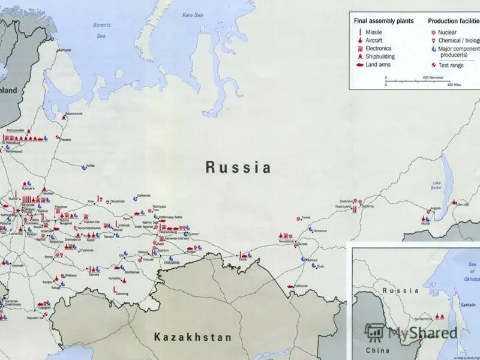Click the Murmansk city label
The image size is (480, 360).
[x=64, y=50]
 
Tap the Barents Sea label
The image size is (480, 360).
[x=102, y=30]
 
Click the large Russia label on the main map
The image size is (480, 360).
[x=238, y=167]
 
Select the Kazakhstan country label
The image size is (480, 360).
[x=193, y=337]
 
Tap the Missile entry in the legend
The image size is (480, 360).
[x=374, y=32]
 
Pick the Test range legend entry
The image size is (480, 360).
[x=451, y=65]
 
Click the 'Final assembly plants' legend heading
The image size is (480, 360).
[x=383, y=21]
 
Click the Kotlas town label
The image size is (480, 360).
[x=91, y=165]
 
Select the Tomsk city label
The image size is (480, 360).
[x=307, y=217]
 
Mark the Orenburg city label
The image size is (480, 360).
[x=122, y=293]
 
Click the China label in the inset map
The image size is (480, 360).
[x=378, y=350]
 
